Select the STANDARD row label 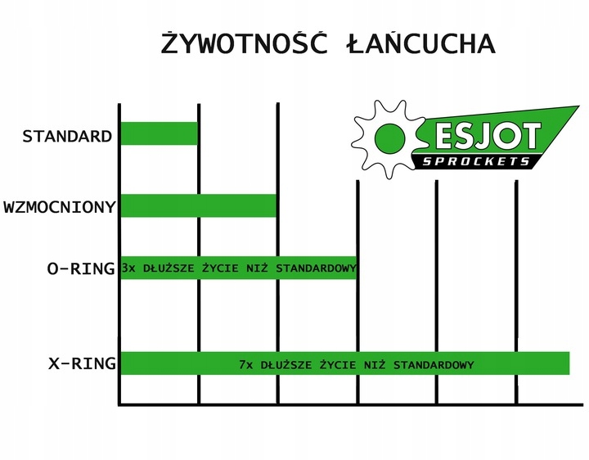click(x=67, y=136)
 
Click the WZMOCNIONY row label click(x=59, y=206)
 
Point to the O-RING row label click(x=80, y=268)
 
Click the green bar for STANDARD click(x=160, y=133)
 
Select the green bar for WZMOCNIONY click(x=199, y=206)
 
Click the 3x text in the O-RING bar click(x=128, y=268)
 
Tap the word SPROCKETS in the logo click(x=479, y=160)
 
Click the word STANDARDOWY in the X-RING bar click(x=433, y=363)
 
